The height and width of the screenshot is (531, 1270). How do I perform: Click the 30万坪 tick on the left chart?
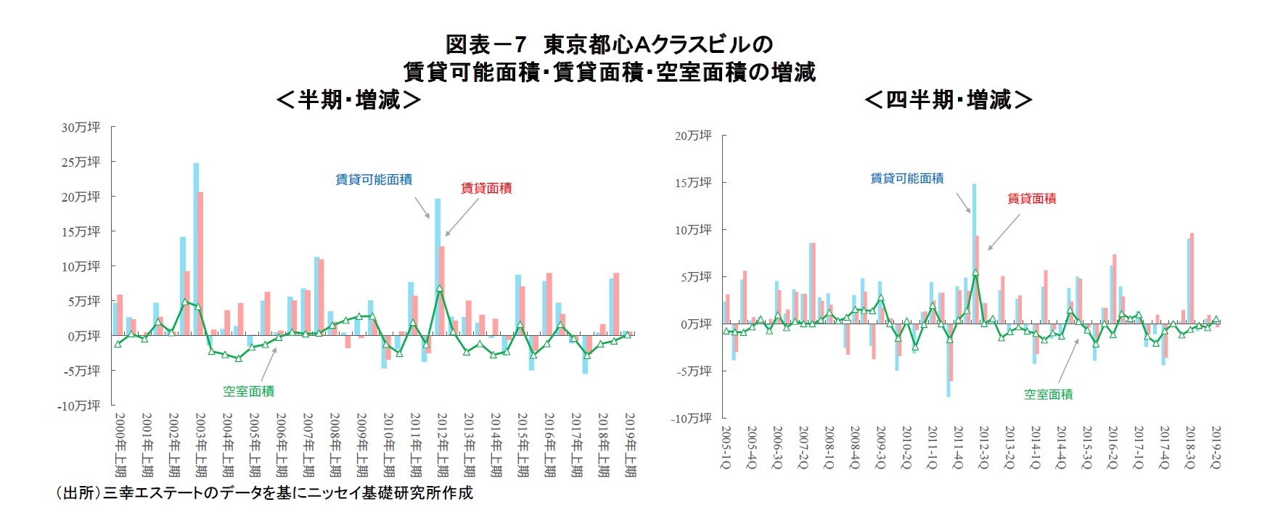(x=81, y=128)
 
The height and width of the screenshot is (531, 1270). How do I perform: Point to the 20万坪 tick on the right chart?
(x=694, y=136)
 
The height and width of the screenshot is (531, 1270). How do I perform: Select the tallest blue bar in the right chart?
(x=974, y=254)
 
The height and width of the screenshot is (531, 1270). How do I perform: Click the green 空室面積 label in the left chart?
(x=248, y=391)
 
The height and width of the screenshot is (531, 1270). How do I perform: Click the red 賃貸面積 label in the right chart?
(x=1031, y=198)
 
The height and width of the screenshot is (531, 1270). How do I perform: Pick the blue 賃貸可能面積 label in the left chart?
(x=374, y=179)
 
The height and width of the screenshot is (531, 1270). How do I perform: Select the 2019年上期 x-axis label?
(x=630, y=445)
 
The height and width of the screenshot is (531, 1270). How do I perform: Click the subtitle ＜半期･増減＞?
(x=349, y=99)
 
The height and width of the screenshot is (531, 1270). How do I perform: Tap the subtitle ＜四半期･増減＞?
(x=949, y=99)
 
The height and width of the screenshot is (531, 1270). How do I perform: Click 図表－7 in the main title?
(x=485, y=45)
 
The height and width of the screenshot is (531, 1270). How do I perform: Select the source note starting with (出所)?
(x=264, y=493)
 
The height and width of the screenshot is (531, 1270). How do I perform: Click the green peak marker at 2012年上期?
(x=440, y=288)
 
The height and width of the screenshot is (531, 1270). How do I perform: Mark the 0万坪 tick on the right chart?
(x=696, y=324)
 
